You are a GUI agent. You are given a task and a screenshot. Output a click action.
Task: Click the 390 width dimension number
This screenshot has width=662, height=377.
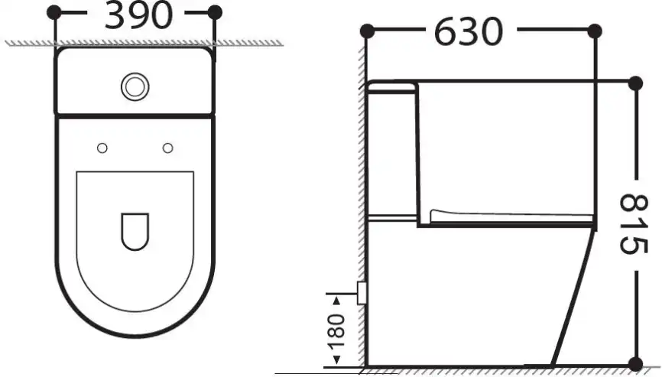(138, 16)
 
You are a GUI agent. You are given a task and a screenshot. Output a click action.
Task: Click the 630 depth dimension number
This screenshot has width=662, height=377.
(469, 32)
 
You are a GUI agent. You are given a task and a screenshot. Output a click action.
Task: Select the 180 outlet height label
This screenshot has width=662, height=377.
(337, 327)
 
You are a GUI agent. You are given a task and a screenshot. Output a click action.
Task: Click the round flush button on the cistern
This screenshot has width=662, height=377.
(135, 86)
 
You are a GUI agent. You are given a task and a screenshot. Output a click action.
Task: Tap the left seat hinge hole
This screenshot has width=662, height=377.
(102, 147)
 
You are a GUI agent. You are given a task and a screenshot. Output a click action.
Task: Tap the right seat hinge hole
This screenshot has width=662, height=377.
(168, 147)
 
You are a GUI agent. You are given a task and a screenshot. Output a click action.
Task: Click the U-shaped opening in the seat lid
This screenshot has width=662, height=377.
(135, 229)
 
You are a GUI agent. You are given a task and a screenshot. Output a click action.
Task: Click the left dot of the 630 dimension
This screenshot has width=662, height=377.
(366, 31)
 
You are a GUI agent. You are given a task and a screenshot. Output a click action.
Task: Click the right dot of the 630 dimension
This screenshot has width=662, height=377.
(594, 31)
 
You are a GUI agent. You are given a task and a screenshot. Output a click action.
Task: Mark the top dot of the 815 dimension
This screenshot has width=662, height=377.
(633, 82)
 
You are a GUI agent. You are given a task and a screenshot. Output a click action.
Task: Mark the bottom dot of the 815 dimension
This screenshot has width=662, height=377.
(633, 363)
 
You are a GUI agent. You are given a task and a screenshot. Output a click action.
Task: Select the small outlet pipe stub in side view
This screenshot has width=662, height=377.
(362, 291)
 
